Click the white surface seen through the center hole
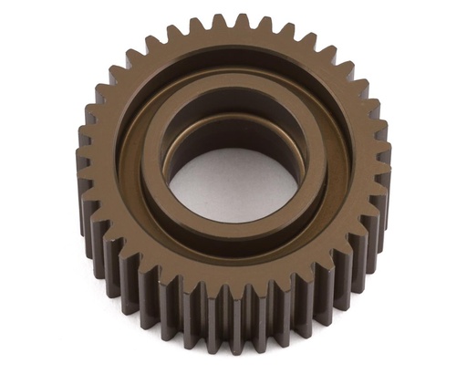tap(233, 187)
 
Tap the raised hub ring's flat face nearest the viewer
tap(233, 232)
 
